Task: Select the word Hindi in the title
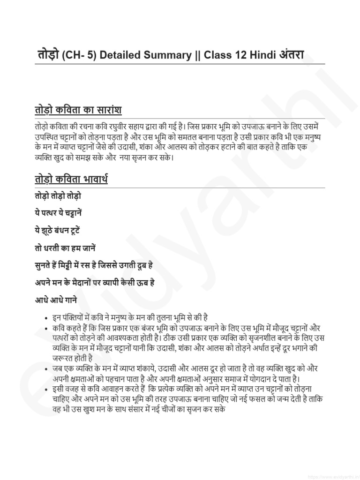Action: tap(263, 55)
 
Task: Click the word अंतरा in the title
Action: tap(292, 55)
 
